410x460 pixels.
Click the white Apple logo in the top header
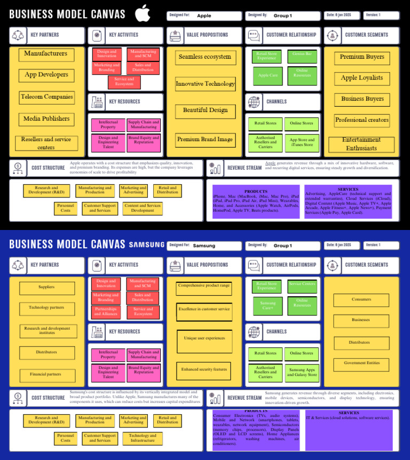click(143, 13)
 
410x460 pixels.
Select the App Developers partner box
click(46, 75)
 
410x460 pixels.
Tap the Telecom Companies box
click(46, 97)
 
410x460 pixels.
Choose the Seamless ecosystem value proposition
click(205, 57)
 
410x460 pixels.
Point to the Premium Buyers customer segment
click(362, 57)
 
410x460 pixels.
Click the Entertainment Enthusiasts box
click(361, 144)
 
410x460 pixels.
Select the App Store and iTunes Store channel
click(302, 142)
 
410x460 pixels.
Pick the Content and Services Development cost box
click(143, 208)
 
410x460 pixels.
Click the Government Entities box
click(362, 363)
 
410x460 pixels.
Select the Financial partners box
click(46, 375)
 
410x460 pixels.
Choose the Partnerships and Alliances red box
click(106, 312)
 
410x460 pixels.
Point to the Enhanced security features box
click(204, 369)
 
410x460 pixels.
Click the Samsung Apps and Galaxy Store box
click(302, 372)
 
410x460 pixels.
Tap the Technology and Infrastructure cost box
click(143, 438)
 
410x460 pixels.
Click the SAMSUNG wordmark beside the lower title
click(147, 245)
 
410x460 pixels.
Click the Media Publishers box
click(46, 119)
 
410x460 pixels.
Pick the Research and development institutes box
click(47, 331)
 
